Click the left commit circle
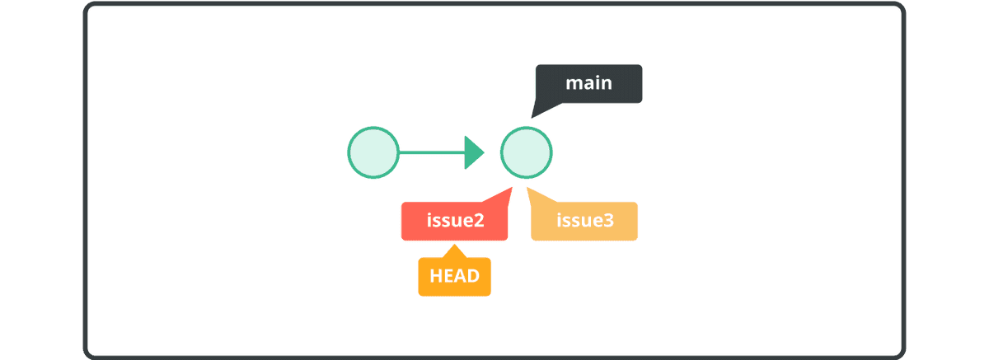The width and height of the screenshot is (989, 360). [x=373, y=152]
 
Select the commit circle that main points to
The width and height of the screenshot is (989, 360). [x=526, y=152]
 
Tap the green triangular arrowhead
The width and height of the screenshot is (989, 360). [x=473, y=152]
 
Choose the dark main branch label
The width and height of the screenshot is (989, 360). [x=588, y=84]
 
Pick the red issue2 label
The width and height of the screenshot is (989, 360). [x=454, y=222]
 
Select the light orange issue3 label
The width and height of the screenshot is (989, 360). [x=584, y=222]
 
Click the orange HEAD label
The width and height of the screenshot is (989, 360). [x=454, y=276]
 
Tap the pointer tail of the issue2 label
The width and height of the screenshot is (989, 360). [x=503, y=196]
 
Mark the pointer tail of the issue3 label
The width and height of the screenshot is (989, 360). [x=534, y=196]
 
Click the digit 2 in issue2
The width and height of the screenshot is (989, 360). [x=477, y=222]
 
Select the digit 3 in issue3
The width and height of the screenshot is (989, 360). [x=608, y=222]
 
